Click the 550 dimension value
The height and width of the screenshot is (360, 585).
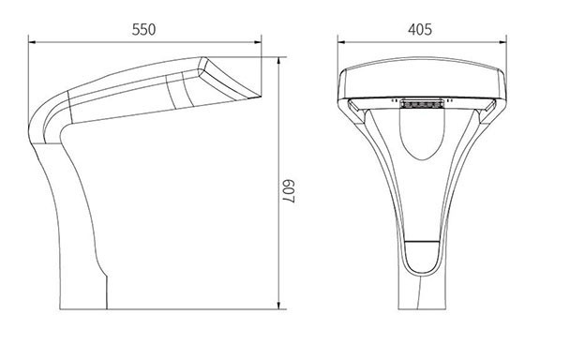(x=143, y=29)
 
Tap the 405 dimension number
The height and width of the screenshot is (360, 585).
(x=420, y=29)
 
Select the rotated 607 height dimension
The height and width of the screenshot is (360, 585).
(x=288, y=191)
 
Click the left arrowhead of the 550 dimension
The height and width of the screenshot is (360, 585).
(x=32, y=42)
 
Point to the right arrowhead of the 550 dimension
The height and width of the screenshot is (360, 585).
(x=258, y=42)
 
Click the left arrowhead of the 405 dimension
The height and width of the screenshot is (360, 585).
(x=341, y=42)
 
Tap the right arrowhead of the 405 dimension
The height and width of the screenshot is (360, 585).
(x=502, y=42)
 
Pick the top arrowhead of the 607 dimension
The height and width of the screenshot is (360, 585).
(x=278, y=61)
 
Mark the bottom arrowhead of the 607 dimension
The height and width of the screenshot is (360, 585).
(x=278, y=306)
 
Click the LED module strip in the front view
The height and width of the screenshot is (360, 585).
(x=422, y=103)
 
